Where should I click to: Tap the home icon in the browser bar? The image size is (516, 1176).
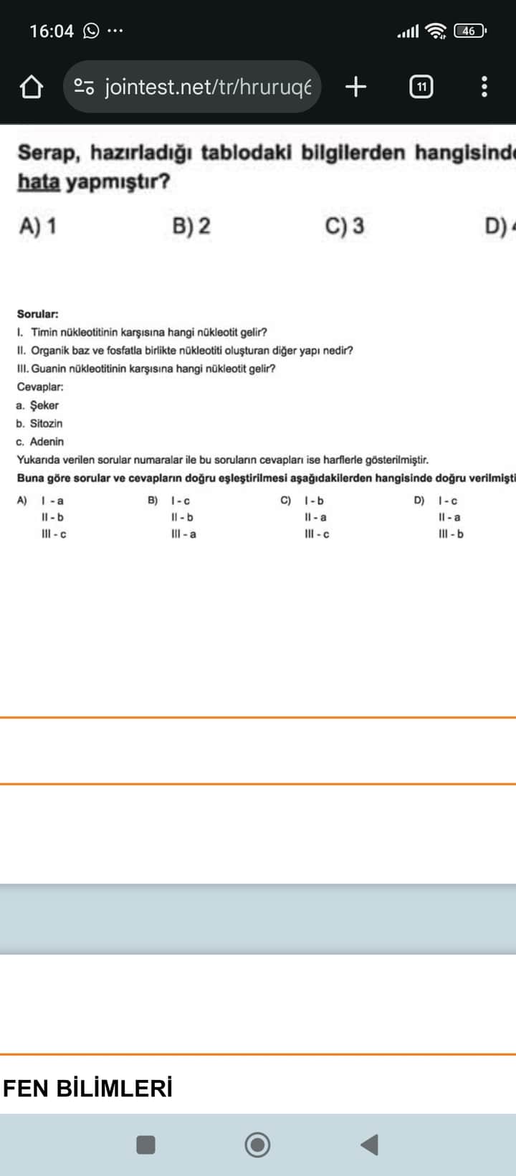(x=31, y=87)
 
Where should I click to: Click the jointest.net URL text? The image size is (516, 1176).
(x=208, y=87)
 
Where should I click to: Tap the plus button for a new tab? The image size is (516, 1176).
(x=355, y=87)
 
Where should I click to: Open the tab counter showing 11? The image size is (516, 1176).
(x=421, y=87)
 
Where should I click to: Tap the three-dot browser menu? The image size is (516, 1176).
(x=484, y=87)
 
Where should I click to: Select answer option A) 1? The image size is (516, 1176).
(x=37, y=226)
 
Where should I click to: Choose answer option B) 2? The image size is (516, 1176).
(x=191, y=226)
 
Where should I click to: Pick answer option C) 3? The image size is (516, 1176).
(x=344, y=226)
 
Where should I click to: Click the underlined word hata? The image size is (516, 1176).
(x=38, y=182)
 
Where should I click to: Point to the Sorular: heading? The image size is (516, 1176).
(x=38, y=314)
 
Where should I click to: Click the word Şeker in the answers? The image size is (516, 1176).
(x=44, y=405)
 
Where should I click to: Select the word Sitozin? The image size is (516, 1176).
(x=46, y=423)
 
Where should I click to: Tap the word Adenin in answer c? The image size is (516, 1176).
(x=47, y=442)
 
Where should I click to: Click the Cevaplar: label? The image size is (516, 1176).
(x=40, y=387)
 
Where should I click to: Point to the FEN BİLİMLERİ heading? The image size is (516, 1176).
(x=87, y=1089)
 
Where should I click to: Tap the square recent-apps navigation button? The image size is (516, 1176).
(x=146, y=1144)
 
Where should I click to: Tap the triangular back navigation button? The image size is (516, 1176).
(x=370, y=1144)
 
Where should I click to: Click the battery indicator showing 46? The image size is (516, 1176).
(x=469, y=31)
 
